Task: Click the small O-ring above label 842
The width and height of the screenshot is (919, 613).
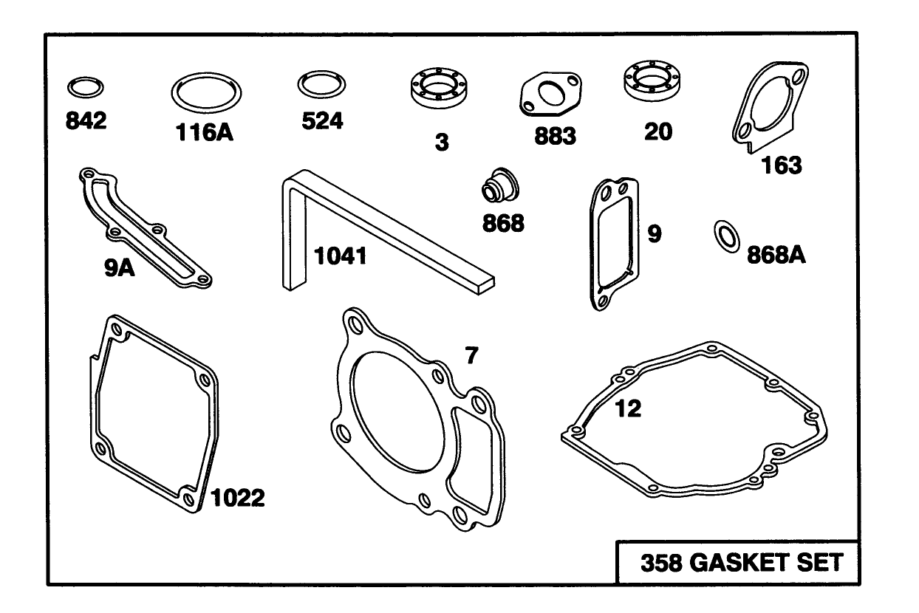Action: tap(86, 80)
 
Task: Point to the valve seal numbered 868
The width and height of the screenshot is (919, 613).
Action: tap(500, 185)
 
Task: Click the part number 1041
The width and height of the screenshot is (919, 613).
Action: tap(340, 256)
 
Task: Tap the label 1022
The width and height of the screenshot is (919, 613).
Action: tap(238, 498)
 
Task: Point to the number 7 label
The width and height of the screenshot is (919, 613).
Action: tap(471, 355)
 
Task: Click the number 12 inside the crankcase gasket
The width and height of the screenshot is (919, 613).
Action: tap(628, 408)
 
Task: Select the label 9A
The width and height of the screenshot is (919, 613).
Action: tap(120, 268)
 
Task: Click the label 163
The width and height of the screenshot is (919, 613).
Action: tap(781, 165)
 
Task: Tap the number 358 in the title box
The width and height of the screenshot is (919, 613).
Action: tap(661, 563)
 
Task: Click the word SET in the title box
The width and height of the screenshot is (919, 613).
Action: tap(820, 562)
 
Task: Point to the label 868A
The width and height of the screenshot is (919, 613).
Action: tap(776, 255)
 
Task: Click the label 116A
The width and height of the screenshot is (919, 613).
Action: tap(205, 132)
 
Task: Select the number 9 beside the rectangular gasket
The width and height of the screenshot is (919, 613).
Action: tap(655, 233)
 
